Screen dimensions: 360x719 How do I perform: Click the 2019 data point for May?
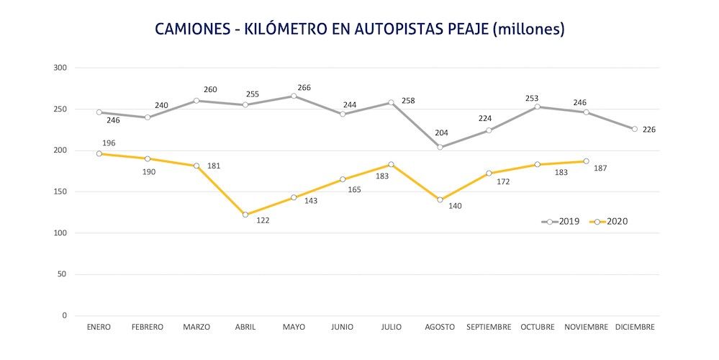point(294,96)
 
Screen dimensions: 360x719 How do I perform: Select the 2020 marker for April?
point(245,215)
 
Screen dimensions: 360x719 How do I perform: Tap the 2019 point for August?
point(440,147)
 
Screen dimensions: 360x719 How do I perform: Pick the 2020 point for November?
point(586,161)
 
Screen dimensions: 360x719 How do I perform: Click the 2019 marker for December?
point(635,129)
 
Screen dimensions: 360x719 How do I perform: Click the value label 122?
point(262,220)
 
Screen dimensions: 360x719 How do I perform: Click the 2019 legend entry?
point(563,222)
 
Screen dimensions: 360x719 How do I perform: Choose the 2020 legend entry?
point(609,222)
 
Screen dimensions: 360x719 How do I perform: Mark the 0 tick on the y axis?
point(64,315)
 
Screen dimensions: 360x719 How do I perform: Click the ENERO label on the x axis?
point(99,327)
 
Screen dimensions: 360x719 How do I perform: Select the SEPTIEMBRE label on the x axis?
point(489,327)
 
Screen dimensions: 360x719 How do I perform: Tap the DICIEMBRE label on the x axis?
point(635,327)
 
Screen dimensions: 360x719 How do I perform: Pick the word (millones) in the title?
point(528,30)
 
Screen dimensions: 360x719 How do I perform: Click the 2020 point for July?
point(391,164)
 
